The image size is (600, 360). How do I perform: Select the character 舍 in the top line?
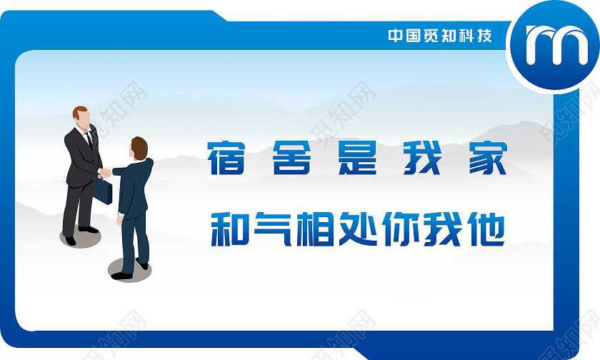(x=292, y=159)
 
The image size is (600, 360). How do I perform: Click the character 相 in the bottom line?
(x=318, y=229)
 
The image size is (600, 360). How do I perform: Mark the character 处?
(x=363, y=229)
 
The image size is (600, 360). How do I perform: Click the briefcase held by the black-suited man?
(x=104, y=190)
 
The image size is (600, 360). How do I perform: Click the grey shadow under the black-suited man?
(x=80, y=238)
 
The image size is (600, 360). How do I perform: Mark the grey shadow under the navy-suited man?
(x=129, y=270)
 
